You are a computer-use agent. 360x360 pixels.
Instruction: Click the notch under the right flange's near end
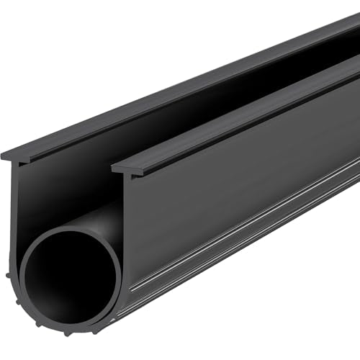(x=133, y=175)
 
